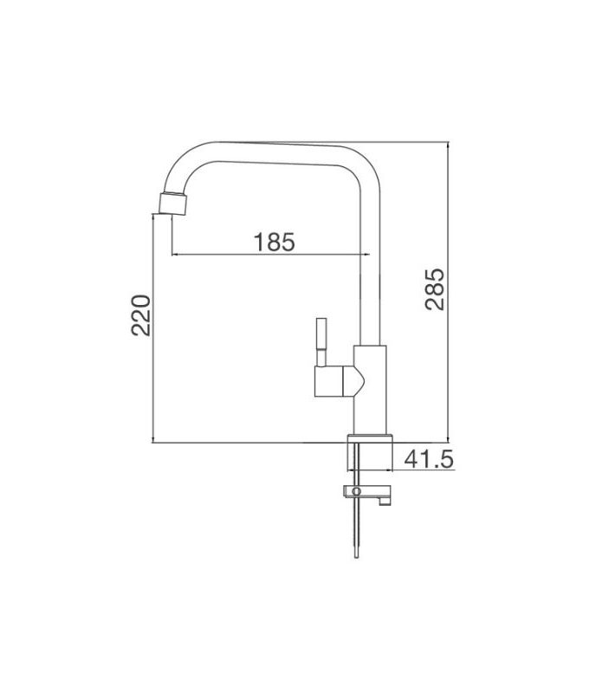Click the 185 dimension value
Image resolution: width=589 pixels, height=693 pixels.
pos(275,242)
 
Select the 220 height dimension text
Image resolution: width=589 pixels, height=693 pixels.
pos(144,315)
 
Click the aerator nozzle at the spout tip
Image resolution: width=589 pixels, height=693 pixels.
pos(173,204)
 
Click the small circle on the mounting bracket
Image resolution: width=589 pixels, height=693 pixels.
pos(353,492)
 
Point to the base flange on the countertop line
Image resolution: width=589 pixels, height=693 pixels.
pos(372,437)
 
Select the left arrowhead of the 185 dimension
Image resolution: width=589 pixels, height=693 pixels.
pos(176,255)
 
